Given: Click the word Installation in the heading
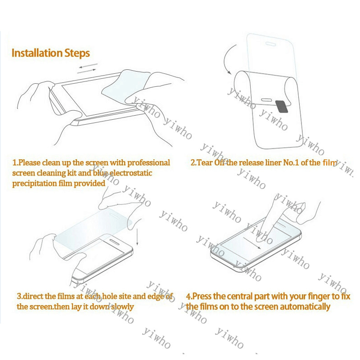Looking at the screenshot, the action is click(x=37, y=53).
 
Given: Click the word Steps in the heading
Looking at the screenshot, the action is click(x=77, y=54).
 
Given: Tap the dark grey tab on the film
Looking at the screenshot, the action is click(x=282, y=107).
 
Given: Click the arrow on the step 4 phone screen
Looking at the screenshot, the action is click(x=252, y=243).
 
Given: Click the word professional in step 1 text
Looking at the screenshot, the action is click(x=148, y=162).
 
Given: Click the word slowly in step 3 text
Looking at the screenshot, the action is click(x=122, y=307).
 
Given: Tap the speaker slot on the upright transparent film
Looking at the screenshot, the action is click(x=271, y=44).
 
